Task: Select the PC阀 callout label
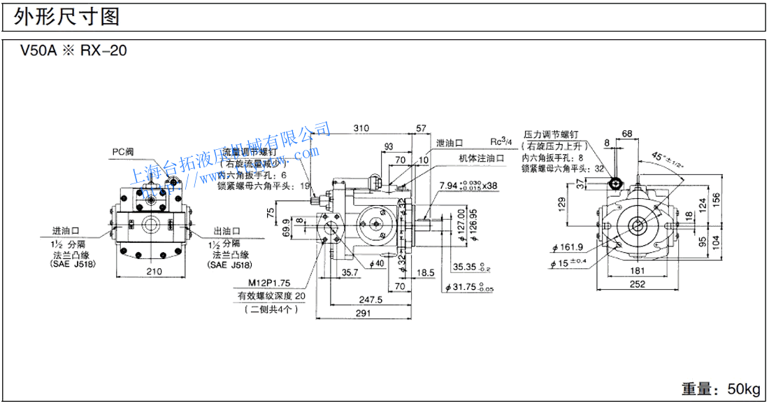tap(124, 151)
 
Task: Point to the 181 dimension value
tap(637, 270)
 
